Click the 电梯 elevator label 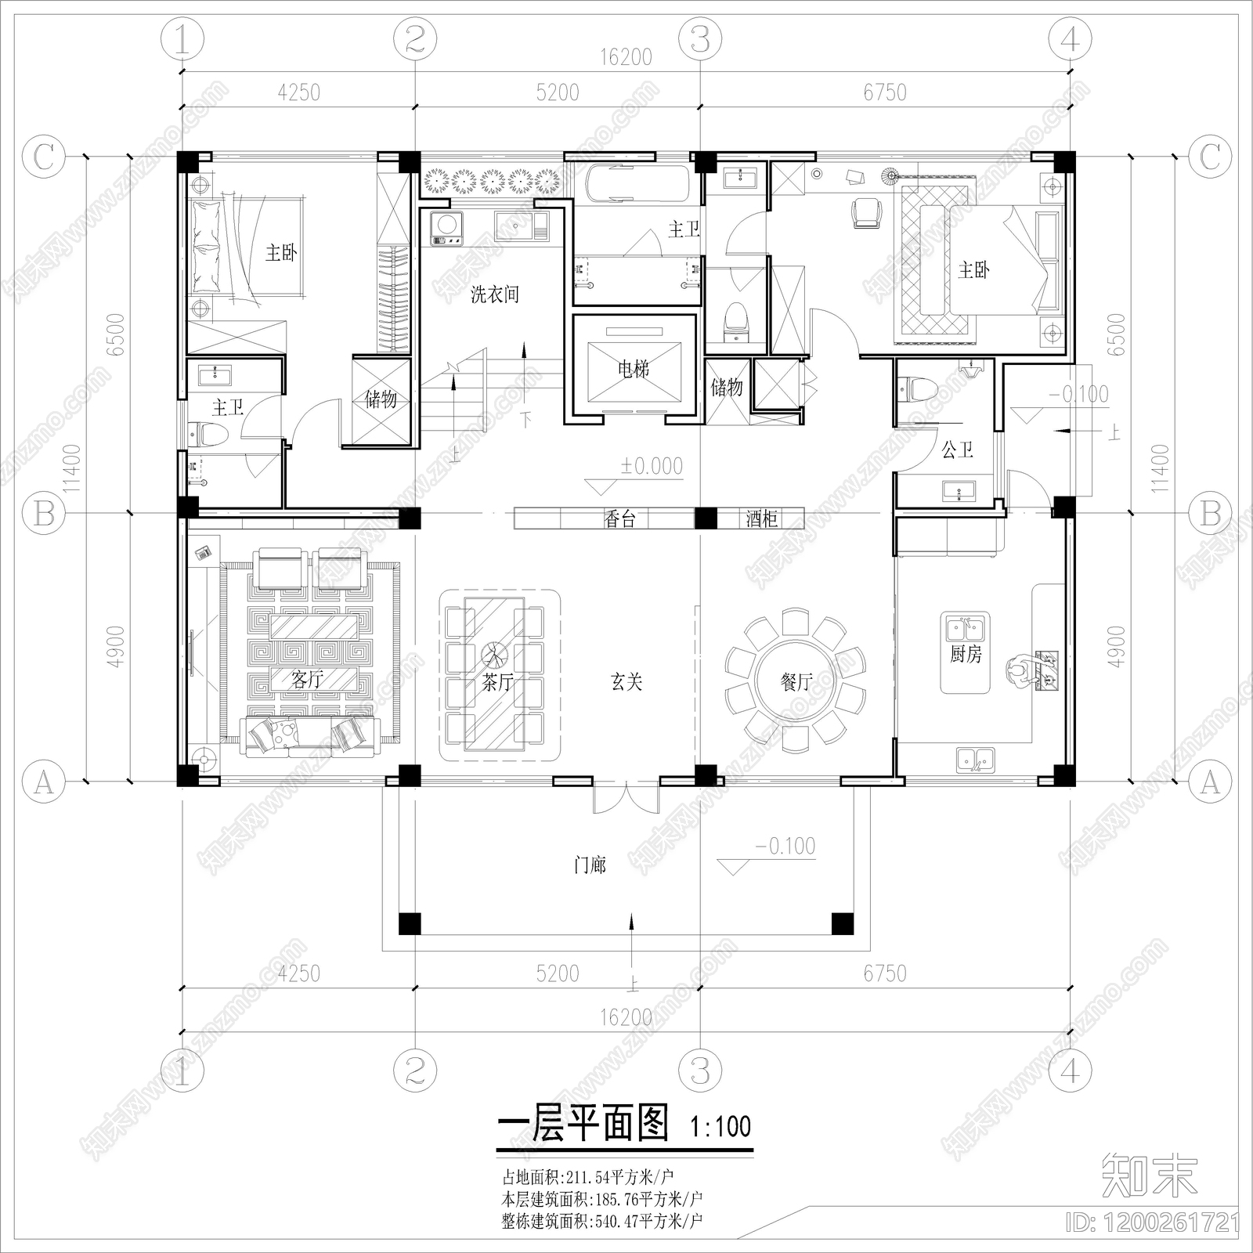coord(634,368)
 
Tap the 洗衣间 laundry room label coord(494,295)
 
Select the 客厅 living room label coord(307,680)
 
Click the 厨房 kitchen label coord(965,654)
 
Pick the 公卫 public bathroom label coord(957,450)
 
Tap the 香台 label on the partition coord(619,518)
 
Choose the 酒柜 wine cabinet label coord(760,518)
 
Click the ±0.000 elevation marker coord(652,466)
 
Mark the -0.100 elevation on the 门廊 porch coord(785,847)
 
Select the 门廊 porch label coord(590,865)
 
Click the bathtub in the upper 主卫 coord(637,182)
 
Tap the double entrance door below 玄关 coord(626,797)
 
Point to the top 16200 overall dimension coord(626,57)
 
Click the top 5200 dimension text coord(558,92)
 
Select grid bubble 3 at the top coord(700,39)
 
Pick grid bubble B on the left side coord(44,514)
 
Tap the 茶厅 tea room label coord(498,682)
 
